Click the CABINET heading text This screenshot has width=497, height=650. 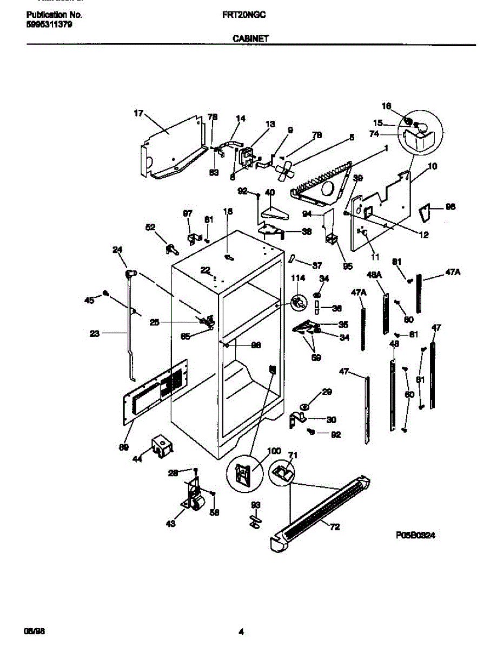click(x=251, y=38)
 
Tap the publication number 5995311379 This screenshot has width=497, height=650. click(x=49, y=24)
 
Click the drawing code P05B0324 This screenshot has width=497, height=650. click(x=416, y=535)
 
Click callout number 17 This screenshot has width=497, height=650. click(x=139, y=114)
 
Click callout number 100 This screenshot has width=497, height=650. click(x=274, y=450)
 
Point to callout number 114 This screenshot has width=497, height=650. click(x=299, y=278)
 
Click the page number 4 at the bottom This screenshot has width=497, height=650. click(x=242, y=631)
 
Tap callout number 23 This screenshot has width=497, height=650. click(x=95, y=334)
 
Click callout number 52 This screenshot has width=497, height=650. click(x=151, y=227)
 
